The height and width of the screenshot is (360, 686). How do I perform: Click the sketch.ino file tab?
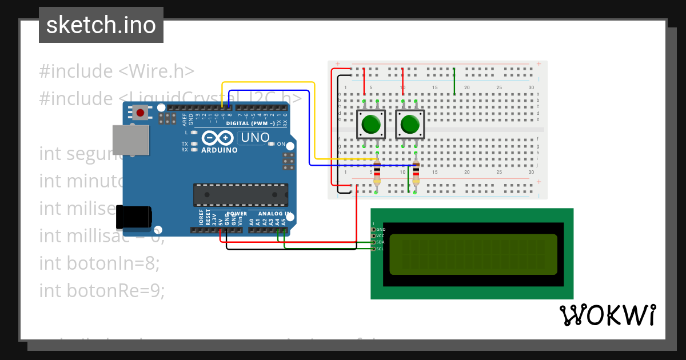(101, 25)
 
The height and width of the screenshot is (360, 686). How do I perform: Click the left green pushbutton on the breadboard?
(371, 124)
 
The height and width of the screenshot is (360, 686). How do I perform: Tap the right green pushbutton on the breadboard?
(410, 124)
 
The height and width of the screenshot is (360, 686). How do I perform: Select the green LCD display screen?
(473, 254)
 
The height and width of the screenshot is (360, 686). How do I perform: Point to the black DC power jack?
(134, 217)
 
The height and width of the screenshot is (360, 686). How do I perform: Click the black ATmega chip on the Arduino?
(240, 195)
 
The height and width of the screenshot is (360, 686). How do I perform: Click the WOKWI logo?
(608, 314)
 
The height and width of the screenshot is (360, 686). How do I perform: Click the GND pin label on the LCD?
(381, 229)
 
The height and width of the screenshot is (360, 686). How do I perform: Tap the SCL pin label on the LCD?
(380, 249)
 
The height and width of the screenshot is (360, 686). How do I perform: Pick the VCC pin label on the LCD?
(380, 235)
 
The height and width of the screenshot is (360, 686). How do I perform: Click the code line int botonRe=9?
(102, 290)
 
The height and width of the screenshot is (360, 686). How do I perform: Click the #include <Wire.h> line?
(117, 71)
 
